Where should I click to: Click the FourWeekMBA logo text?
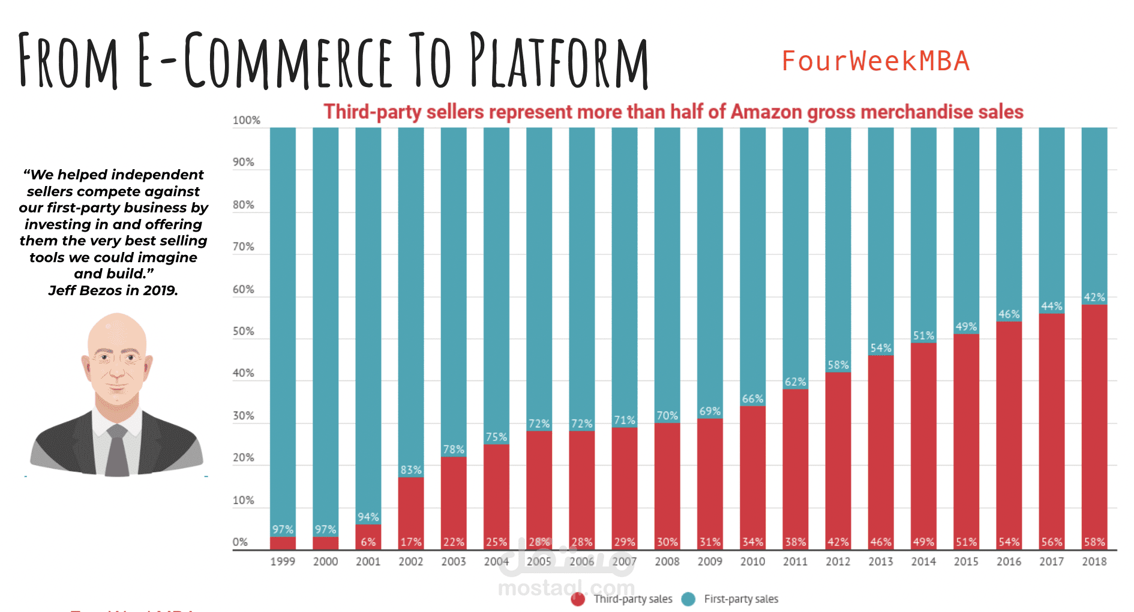[875, 61]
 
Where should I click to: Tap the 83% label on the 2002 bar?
[411, 470]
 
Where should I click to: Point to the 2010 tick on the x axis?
[752, 562]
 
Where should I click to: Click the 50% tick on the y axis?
[243, 331]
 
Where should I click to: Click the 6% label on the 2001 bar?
[368, 542]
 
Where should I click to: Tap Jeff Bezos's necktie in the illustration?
[117, 453]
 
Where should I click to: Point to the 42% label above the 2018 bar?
[1094, 297]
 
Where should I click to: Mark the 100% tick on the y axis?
[246, 120]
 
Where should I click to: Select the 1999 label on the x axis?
[283, 562]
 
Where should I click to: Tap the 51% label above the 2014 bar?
[923, 335]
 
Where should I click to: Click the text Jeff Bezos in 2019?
[113, 290]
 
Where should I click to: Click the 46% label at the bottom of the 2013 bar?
[880, 542]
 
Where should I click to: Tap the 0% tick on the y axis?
[240, 542]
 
